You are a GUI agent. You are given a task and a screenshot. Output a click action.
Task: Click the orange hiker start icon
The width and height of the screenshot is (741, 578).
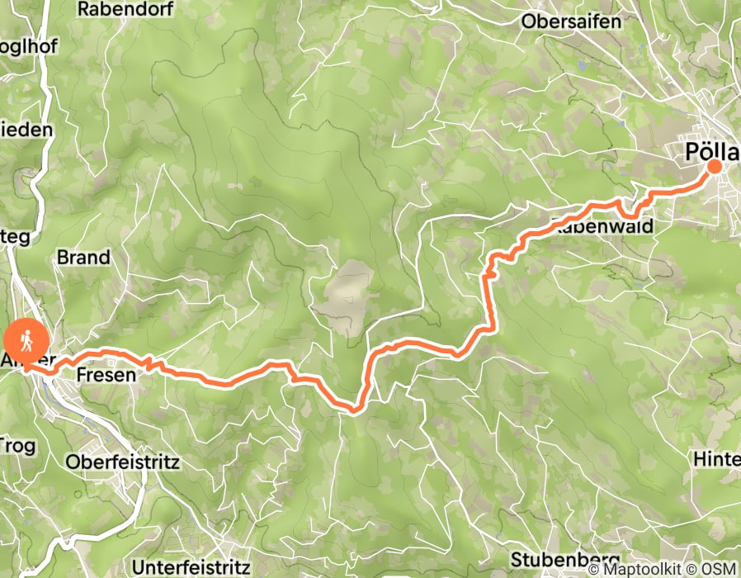click(x=20, y=339)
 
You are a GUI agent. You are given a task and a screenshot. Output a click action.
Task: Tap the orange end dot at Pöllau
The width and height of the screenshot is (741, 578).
click(x=714, y=166)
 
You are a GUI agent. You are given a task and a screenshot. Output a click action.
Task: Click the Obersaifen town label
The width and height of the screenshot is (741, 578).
click(x=570, y=22)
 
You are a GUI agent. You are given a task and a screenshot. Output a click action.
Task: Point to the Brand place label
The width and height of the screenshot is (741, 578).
click(x=83, y=258)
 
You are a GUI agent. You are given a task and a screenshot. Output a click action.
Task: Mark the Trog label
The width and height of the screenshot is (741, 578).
click(x=18, y=446)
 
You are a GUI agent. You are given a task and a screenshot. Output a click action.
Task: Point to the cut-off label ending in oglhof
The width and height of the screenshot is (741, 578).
click(x=28, y=47)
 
